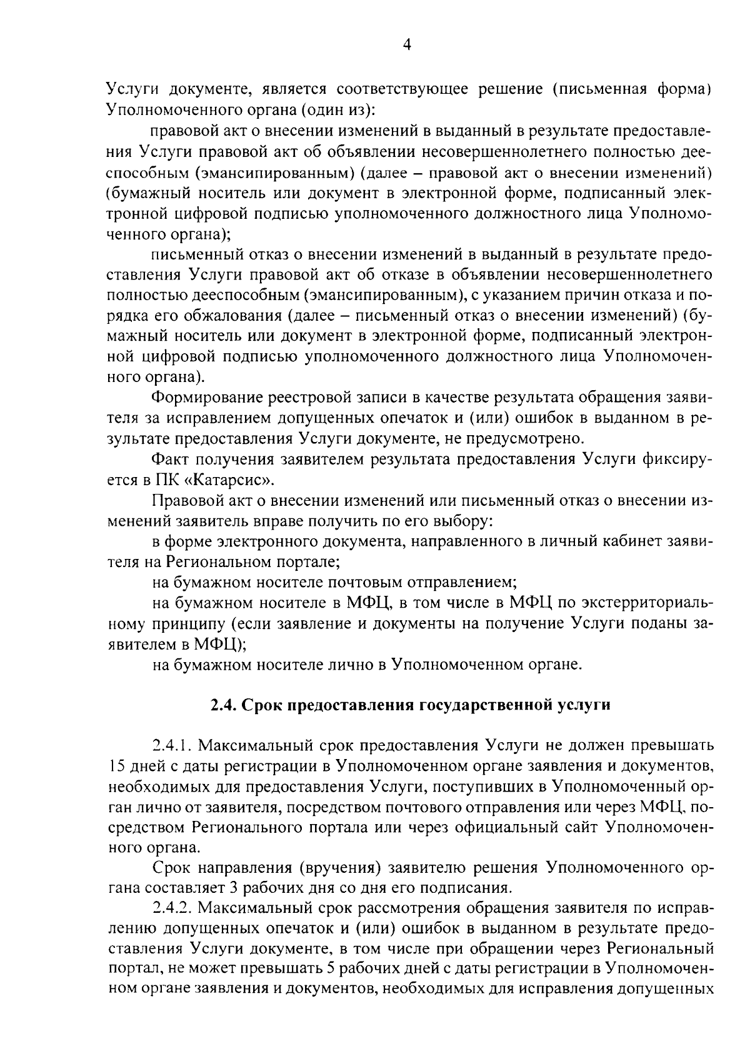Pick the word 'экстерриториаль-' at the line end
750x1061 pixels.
(647, 603)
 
